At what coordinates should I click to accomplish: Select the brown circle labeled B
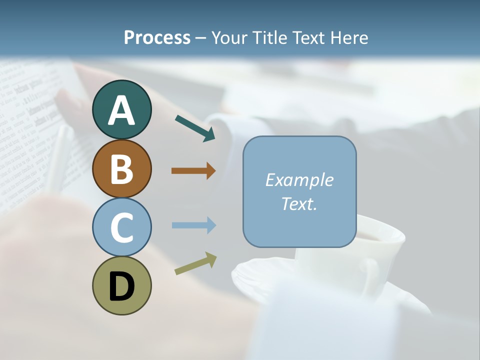point(121,168)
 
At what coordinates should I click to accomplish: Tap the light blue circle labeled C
point(121,227)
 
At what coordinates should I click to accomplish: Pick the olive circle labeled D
point(121,285)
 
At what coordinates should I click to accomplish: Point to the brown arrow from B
point(193,171)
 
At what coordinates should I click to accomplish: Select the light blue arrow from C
point(193,225)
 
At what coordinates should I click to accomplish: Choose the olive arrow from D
point(195,263)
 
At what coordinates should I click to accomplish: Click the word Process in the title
point(157,37)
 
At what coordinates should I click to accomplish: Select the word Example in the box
point(299,180)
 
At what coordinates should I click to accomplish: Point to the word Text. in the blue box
point(299,203)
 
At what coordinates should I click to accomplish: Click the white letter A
point(121,110)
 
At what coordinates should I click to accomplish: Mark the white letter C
point(121,228)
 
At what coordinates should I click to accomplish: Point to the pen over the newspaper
point(60,160)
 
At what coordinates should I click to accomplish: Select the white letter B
point(121,169)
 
